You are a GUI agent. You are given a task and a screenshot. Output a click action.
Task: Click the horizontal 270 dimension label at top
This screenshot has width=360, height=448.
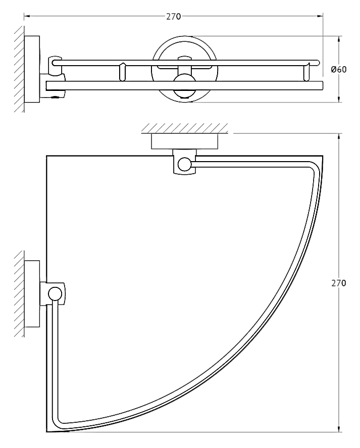tap(173, 17)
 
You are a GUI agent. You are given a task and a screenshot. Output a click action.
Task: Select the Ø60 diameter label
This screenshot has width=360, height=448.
tap(339, 69)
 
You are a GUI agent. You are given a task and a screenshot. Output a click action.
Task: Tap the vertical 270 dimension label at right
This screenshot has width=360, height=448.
tap(339, 283)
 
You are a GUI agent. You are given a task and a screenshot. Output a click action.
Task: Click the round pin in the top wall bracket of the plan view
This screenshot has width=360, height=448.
tap(184, 164)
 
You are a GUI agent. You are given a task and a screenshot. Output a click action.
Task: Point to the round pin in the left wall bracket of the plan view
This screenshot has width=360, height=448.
tap(55, 294)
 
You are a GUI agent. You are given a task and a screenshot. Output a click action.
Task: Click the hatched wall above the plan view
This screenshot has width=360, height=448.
tap(185, 128)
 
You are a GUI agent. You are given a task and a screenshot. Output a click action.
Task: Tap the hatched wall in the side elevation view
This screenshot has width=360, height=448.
tap(19, 69)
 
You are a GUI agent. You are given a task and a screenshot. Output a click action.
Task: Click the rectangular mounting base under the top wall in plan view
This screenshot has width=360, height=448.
tap(184, 141)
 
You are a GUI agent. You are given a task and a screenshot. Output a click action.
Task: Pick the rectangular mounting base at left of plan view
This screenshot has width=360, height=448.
tap(32, 294)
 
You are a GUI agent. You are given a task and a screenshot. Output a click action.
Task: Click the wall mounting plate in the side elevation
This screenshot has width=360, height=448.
tap(32, 69)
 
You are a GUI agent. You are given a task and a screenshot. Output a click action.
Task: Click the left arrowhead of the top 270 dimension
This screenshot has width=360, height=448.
tap(26, 16)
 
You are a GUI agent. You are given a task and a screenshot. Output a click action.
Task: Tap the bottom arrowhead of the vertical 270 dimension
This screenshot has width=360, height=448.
tap(339, 429)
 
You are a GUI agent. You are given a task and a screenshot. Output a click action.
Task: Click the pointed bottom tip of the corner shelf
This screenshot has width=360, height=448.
tap(47, 431)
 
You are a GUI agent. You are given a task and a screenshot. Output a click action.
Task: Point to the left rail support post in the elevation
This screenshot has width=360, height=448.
tap(122, 72)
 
